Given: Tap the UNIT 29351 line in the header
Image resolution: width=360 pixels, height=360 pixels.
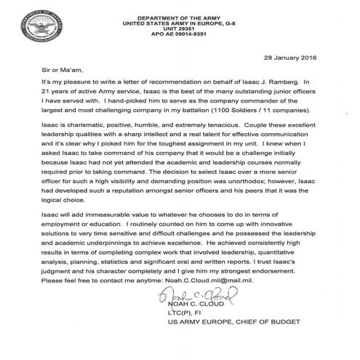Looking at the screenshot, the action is (179, 25).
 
